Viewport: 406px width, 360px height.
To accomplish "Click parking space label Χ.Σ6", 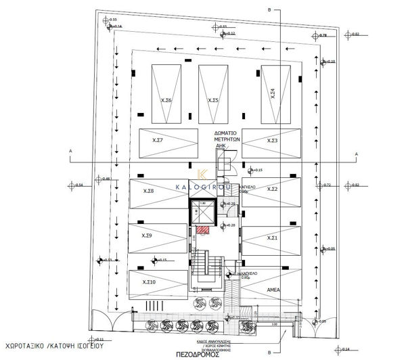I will pyautogui.click(x=166, y=100).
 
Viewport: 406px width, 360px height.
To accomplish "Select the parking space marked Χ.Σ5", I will pyautogui.click(x=213, y=100).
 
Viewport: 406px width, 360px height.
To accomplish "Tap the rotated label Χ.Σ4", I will pyautogui.click(x=273, y=93).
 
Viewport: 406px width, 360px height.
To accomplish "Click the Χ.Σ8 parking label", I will pyautogui.click(x=149, y=191).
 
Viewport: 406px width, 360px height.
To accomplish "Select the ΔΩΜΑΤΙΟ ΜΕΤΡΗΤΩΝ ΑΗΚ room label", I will pyautogui.click(x=224, y=138).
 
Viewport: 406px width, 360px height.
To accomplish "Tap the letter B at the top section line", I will pyautogui.click(x=269, y=10).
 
